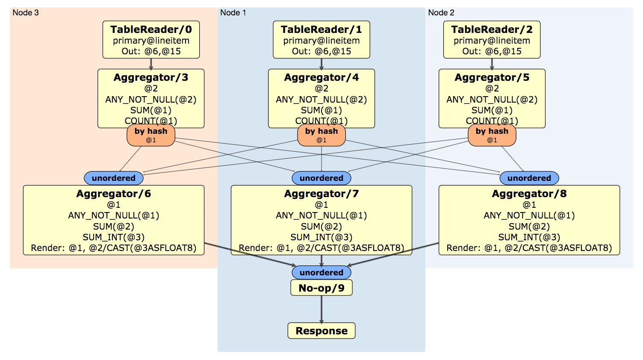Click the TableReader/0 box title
[151, 30]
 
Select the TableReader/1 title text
[321, 30]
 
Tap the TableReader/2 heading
[492, 30]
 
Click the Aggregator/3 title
[151, 77]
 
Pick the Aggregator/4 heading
[321, 77]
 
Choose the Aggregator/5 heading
[492, 77]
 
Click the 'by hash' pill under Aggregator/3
[151, 135]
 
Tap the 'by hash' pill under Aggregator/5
[492, 135]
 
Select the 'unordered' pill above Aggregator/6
[114, 178]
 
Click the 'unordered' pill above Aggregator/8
[529, 178]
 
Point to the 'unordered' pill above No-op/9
[321, 272]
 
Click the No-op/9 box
[321, 288]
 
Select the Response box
[321, 331]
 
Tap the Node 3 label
[26, 13]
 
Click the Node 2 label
[441, 13]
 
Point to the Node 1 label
[233, 13]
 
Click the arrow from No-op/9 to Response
[321, 309]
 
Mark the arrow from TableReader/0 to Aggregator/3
[151, 64]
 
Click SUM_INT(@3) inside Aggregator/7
[321, 237]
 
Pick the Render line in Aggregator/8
[529, 248]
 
